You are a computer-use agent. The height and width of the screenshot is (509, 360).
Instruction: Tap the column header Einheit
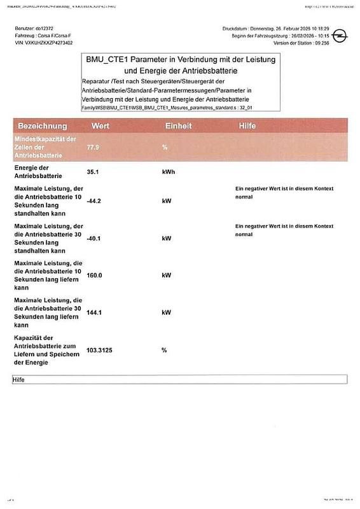pyautogui.click(x=179, y=126)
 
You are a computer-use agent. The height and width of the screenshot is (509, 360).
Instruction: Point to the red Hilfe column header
pyautogui.click(x=247, y=126)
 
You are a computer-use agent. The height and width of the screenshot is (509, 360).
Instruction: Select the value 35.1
pyautogui.click(x=94, y=172)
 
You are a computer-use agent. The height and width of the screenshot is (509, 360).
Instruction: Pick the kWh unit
pyautogui.click(x=169, y=172)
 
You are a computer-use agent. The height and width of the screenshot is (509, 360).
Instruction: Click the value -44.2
pyautogui.click(x=95, y=201)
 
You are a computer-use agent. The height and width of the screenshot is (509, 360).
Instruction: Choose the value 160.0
pyautogui.click(x=95, y=275)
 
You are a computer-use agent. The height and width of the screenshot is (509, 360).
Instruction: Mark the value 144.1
pyautogui.click(x=95, y=313)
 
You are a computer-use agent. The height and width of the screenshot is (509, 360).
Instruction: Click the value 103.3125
pyautogui.click(x=100, y=350)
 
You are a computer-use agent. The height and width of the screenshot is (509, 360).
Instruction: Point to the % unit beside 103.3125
pyautogui.click(x=164, y=350)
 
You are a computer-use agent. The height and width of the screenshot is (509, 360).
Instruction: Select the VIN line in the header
pyautogui.click(x=43, y=43)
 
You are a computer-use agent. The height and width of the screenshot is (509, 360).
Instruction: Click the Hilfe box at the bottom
pyautogui.click(x=179, y=379)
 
